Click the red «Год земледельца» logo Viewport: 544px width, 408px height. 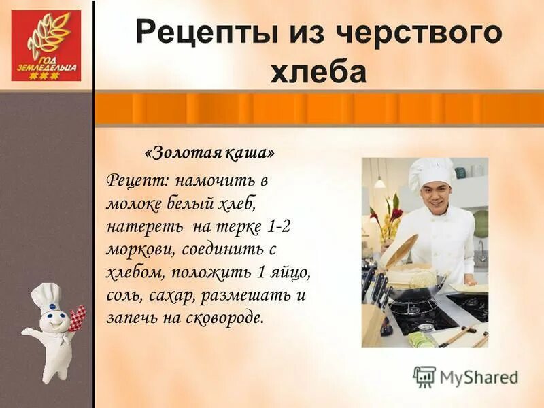point(46,46)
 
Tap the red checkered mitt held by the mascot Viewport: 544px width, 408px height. point(77,316)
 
